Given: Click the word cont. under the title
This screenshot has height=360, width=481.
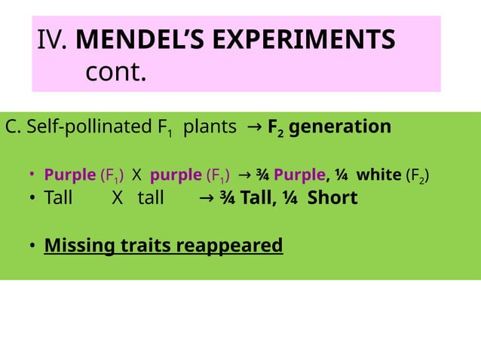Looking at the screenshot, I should (x=115, y=74).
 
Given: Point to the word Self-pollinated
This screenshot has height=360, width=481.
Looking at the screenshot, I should (x=84, y=126).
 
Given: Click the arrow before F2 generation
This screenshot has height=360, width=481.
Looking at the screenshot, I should (x=254, y=126).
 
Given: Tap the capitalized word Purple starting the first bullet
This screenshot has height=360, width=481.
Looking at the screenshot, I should (x=70, y=175).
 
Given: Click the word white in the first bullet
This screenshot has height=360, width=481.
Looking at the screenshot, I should (x=378, y=175).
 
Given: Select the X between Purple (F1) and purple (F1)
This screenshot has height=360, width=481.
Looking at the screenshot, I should (x=136, y=175).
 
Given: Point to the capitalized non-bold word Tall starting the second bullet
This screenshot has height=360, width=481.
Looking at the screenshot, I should (x=58, y=198).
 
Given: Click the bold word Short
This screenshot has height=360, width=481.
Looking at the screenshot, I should (x=332, y=198).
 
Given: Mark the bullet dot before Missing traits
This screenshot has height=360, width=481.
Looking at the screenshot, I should (x=32, y=246).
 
